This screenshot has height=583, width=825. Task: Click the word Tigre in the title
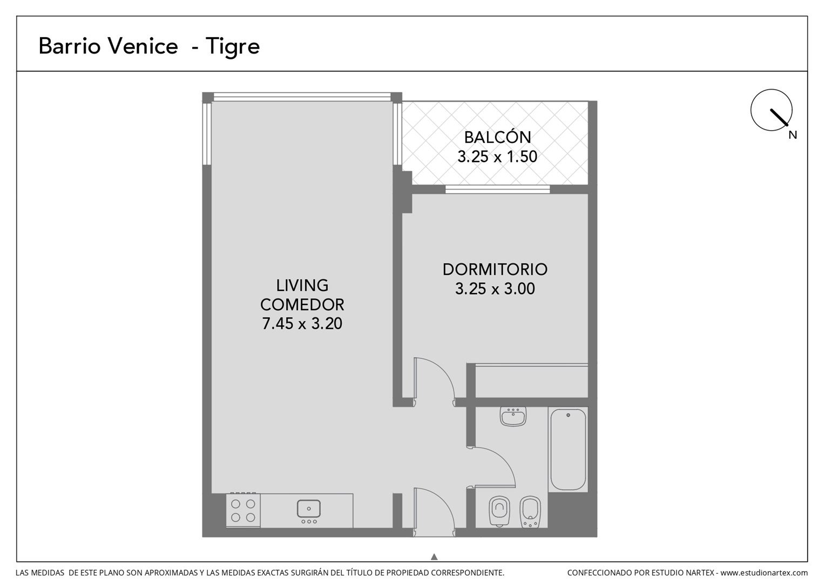233,47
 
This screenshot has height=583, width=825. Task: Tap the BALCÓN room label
498,137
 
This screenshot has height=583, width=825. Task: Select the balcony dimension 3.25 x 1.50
497,157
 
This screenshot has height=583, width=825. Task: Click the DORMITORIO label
495,269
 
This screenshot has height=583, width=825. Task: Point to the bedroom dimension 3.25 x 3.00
495,288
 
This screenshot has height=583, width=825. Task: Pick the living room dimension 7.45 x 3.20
302,323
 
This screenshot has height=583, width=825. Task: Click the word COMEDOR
302,304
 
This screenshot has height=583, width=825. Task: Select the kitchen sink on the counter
309,511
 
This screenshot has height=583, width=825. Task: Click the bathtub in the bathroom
568,449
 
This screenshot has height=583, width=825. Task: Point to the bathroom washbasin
513,417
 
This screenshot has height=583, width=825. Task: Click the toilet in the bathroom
499,511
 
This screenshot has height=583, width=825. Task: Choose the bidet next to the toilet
530,512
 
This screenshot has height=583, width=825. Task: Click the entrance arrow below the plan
434,557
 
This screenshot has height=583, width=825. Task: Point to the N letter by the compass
793,135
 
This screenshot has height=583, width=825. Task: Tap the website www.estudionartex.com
764,573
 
